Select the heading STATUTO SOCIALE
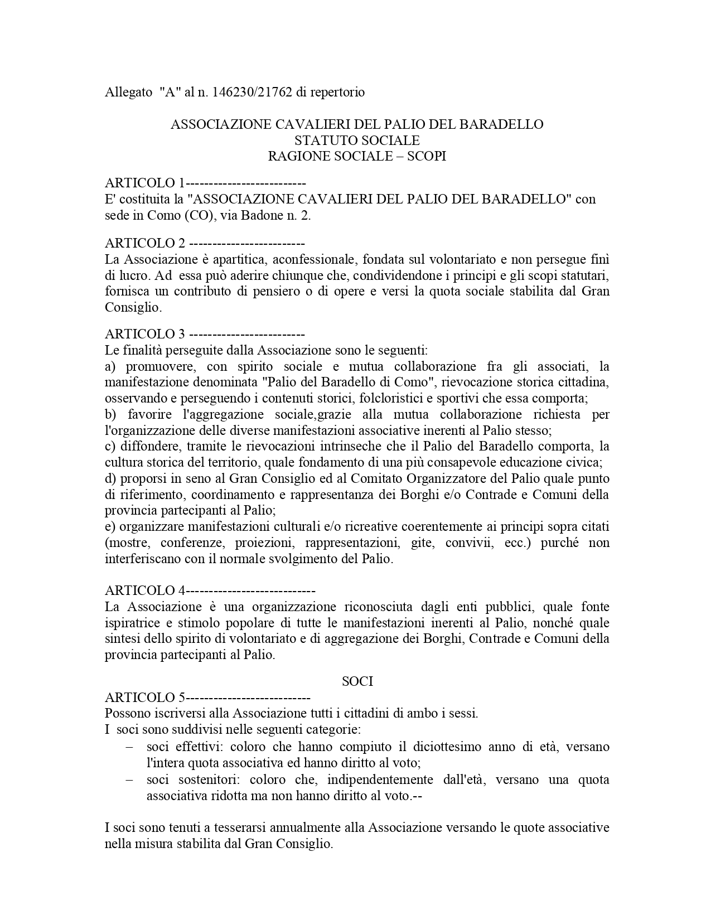[357, 140]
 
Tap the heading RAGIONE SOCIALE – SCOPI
[357, 156]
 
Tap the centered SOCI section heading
[357, 681]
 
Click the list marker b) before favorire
[110, 414]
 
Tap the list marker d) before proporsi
[110, 478]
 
